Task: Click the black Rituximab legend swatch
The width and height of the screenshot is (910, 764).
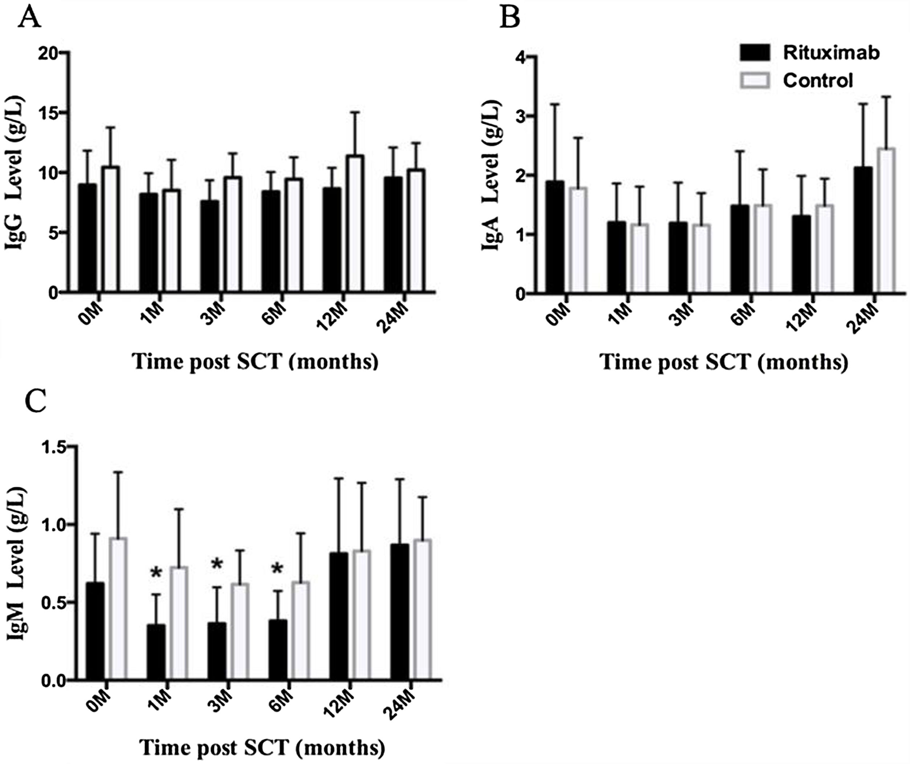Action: coord(754,53)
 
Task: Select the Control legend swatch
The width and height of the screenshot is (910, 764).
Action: coord(754,81)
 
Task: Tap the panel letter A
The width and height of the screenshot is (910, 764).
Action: coord(29,18)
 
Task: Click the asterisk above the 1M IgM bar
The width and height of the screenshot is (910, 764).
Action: coord(156,573)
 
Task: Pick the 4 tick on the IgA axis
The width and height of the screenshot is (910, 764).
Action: coord(520,57)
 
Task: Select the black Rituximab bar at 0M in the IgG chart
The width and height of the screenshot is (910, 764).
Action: coord(87,238)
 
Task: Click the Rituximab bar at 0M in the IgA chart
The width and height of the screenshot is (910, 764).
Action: coord(555,237)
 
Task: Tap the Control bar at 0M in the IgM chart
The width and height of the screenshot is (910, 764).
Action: coord(118,609)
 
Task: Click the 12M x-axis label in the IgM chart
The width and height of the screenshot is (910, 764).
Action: coord(339,706)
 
